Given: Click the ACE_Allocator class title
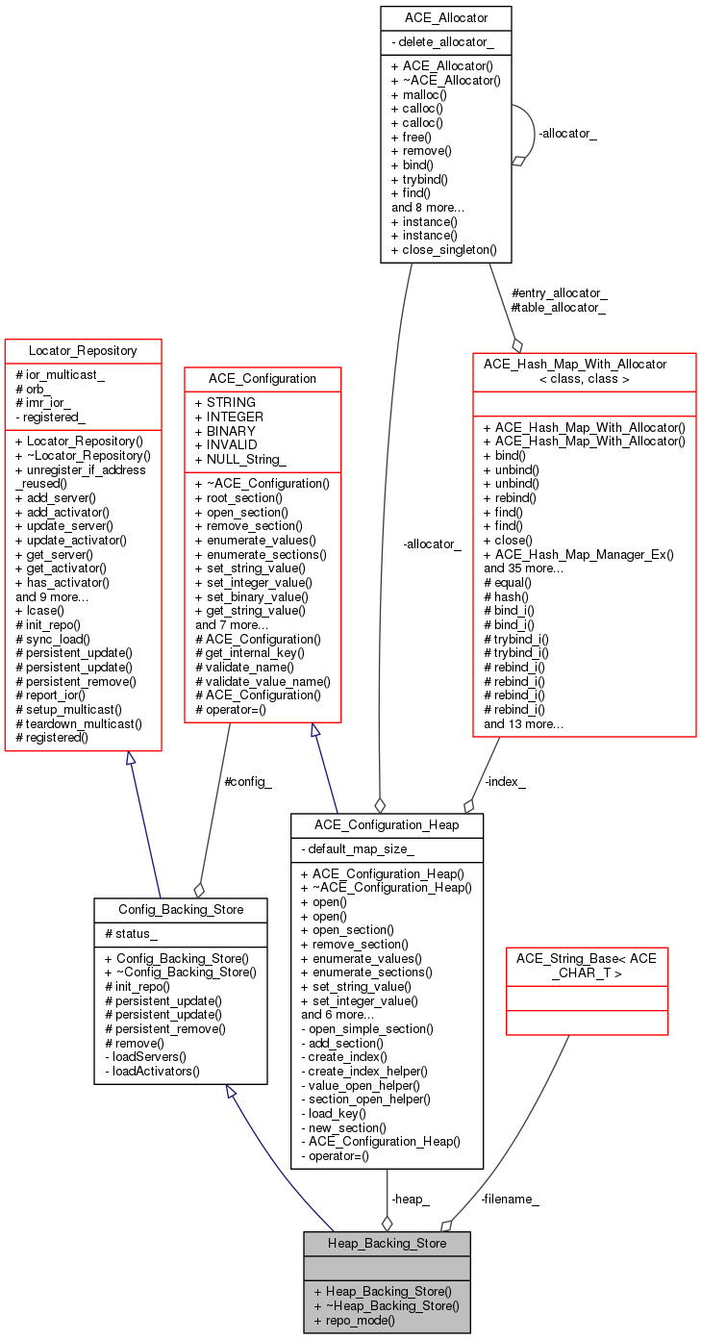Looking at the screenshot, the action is click(x=446, y=18).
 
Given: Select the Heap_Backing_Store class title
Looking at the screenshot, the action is click(x=387, y=1244).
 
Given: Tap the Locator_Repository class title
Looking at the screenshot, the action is click(x=83, y=351).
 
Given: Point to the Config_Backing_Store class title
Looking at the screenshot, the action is click(x=181, y=910).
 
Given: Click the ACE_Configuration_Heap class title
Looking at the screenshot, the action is click(x=387, y=825).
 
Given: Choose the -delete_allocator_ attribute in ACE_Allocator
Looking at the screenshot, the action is click(x=443, y=42).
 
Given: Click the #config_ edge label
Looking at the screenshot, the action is click(x=248, y=781).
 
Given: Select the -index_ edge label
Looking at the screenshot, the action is click(x=505, y=781).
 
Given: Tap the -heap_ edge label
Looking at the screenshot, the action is click(x=410, y=1199).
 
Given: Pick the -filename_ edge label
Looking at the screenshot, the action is click(x=510, y=1199).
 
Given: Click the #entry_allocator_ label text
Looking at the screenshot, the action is click(x=560, y=292).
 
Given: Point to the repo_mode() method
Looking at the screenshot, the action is click(x=355, y=1320).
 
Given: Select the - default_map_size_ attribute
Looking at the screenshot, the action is click(x=358, y=848).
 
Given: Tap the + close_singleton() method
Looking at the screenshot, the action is click(x=444, y=250).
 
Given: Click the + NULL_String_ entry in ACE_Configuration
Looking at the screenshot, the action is click(x=240, y=459).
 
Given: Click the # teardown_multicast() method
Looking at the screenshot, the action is click(x=79, y=723).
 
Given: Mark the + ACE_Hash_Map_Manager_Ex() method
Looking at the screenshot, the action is click(x=579, y=554).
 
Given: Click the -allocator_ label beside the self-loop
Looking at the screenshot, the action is click(x=567, y=134).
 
